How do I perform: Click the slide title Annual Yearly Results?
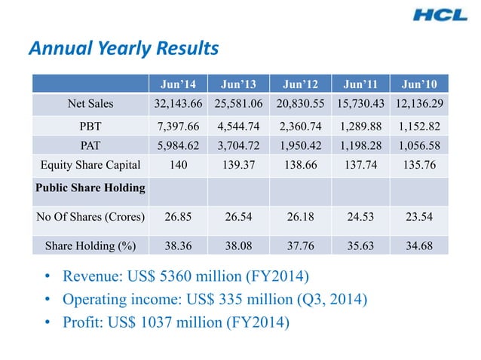pyautogui.click(x=123, y=49)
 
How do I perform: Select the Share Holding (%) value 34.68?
pyautogui.click(x=418, y=245)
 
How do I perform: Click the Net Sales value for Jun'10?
pyautogui.click(x=418, y=102)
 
